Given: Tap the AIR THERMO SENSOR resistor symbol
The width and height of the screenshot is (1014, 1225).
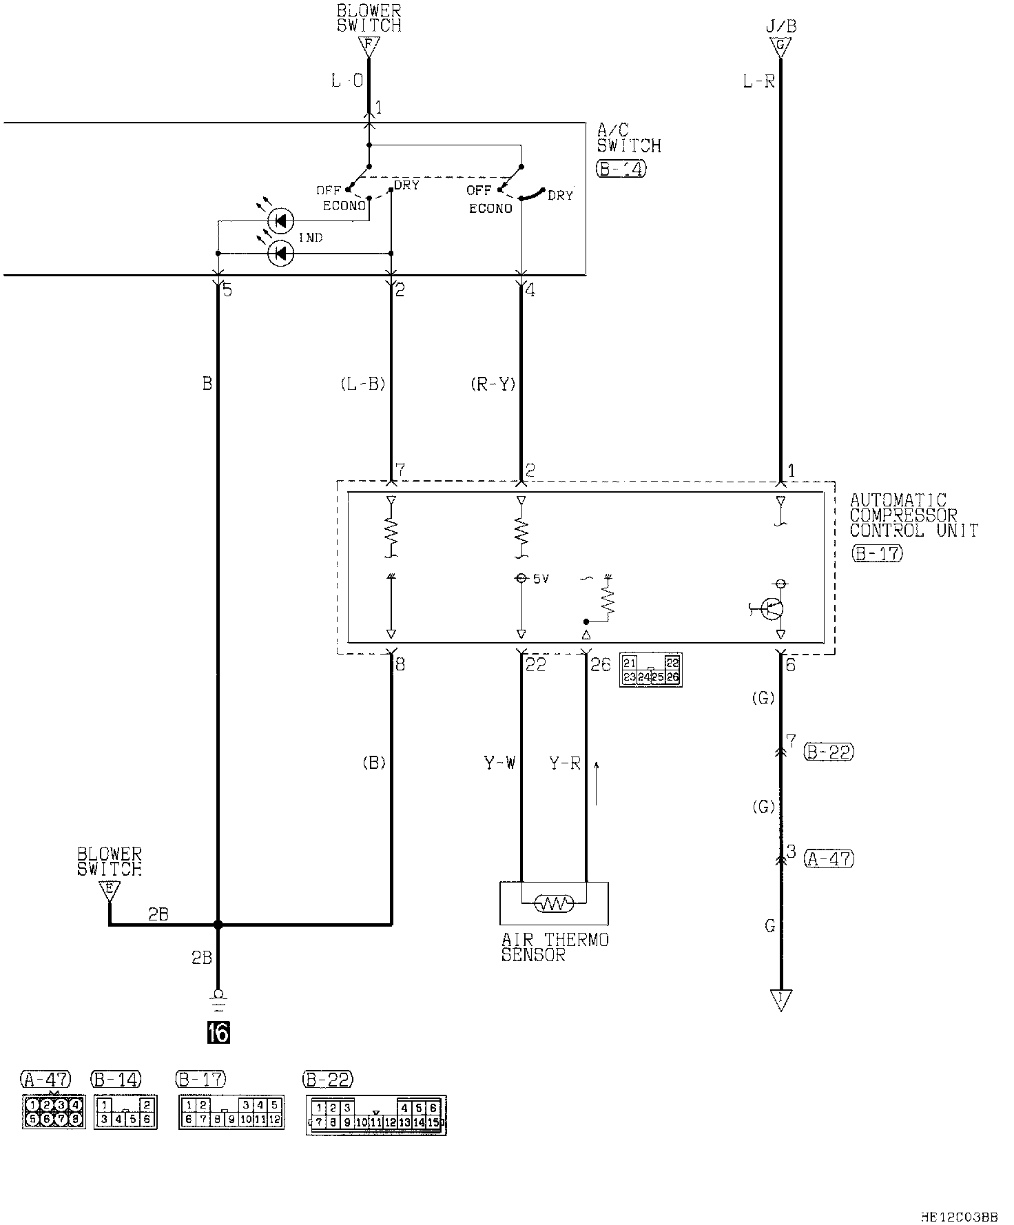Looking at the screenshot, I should [554, 903].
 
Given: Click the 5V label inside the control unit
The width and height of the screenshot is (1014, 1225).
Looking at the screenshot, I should [541, 579].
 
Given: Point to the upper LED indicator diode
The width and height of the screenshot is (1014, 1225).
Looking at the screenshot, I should [280, 221].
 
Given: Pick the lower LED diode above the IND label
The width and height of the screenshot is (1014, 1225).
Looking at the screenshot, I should [280, 254].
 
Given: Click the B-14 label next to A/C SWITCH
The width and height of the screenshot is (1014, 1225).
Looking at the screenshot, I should [621, 169].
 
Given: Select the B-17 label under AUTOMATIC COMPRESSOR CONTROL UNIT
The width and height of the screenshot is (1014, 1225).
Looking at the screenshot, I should [876, 553].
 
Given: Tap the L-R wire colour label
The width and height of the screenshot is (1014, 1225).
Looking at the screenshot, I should [758, 82].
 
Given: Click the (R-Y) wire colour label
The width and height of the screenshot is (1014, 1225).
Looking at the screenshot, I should [493, 384].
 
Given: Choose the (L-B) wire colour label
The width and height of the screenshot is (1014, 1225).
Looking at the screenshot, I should [363, 384].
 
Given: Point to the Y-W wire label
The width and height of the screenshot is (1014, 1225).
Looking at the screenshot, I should [499, 763].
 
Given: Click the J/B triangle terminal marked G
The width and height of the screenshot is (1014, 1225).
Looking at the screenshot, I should [780, 47].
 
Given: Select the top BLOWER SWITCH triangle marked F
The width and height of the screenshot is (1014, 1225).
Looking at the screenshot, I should [369, 47].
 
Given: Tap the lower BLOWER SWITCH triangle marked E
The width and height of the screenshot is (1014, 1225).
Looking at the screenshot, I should [109, 890].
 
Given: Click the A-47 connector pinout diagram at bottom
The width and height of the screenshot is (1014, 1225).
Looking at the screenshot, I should [54, 1111].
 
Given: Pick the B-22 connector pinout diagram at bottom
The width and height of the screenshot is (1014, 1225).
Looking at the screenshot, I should [376, 1115].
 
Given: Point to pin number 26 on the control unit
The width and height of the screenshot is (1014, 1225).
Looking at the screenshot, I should [600, 664].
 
